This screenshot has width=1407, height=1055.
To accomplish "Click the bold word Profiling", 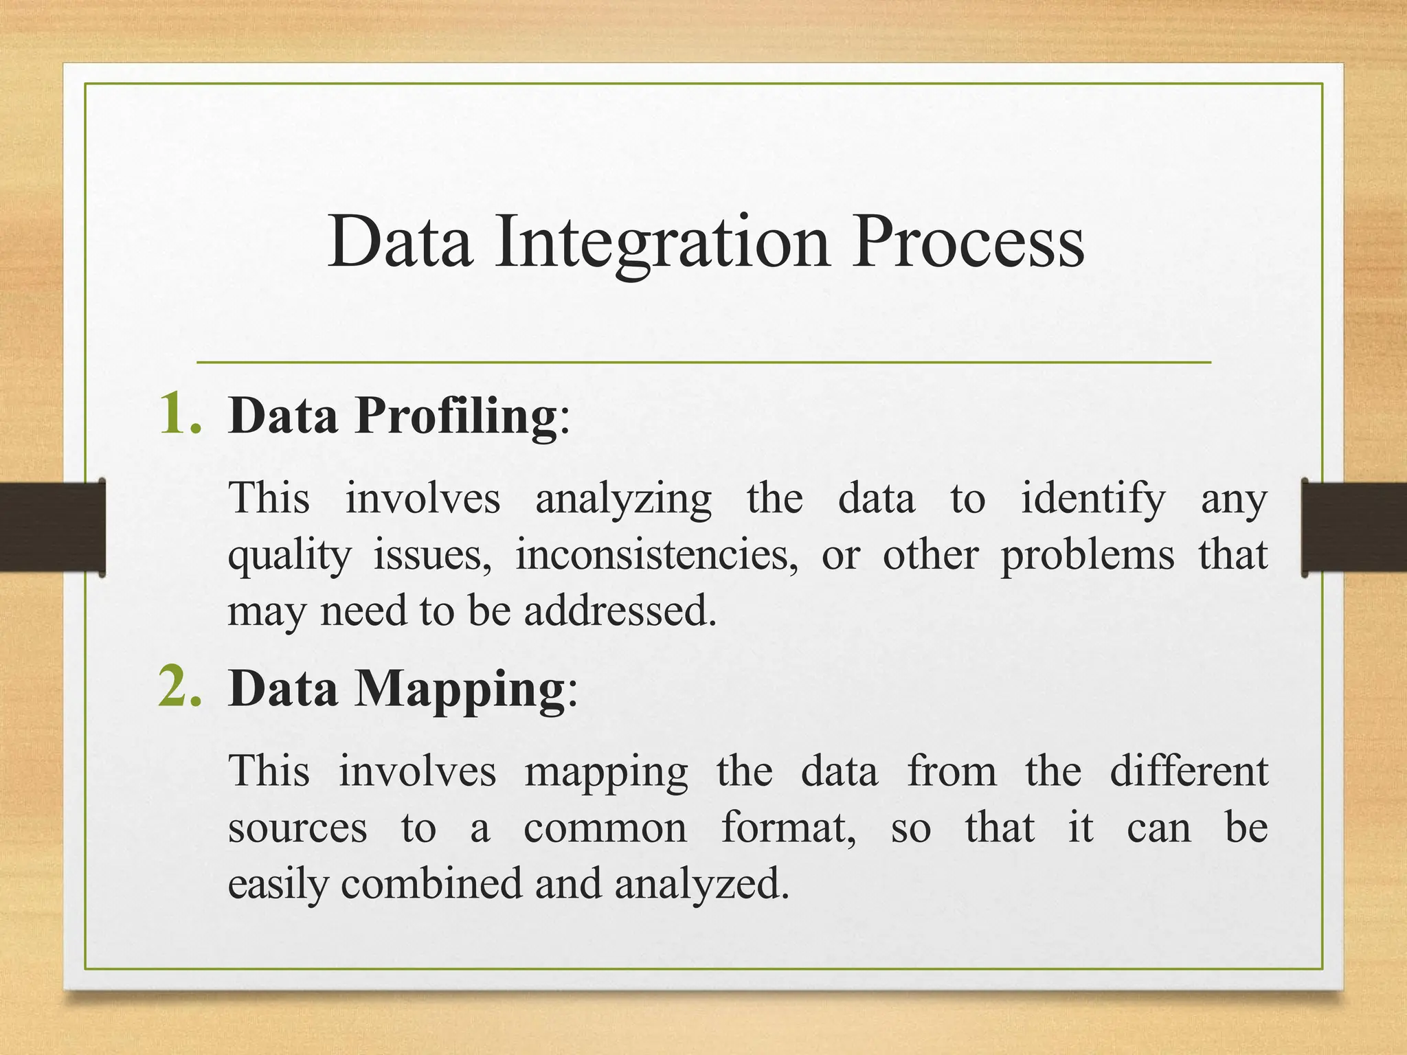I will tap(455, 416).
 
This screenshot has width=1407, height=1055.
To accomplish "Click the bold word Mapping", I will tap(459, 689).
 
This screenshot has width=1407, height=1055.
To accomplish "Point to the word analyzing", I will tap(623, 499).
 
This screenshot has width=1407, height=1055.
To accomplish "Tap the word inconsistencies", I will tap(657, 555).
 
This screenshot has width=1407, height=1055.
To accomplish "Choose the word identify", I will tap(1092, 499).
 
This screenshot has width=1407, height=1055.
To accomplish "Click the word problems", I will tap(1087, 555).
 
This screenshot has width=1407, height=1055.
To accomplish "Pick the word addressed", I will tap(620, 611).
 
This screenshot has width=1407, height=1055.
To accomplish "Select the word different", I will tap(1189, 771).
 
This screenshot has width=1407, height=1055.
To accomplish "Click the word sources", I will tap(297, 828).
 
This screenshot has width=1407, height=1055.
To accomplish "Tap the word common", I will tap(605, 828).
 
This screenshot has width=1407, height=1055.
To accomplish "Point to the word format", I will tap(787, 828).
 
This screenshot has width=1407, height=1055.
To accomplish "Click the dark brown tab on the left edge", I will tap(52, 527).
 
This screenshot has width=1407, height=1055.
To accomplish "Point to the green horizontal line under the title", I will tap(703, 362).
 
